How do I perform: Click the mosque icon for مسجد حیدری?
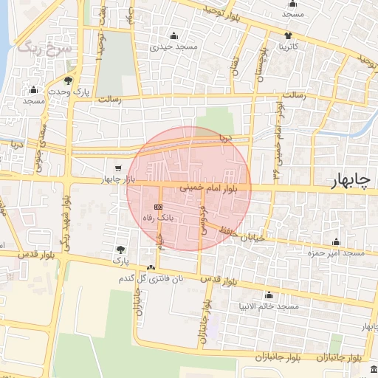174,35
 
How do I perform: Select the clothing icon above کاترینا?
287,35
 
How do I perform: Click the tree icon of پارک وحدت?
69,80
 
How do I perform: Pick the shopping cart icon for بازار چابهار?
118,168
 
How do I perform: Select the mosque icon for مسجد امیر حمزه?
337,241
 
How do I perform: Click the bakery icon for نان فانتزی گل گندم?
151,268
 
